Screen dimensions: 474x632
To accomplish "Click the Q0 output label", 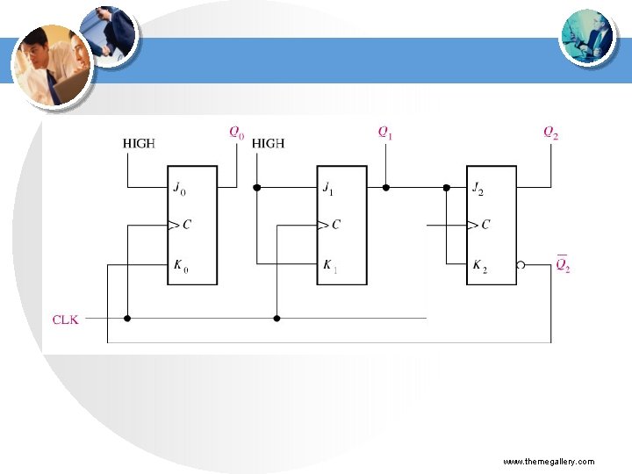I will tap(237, 133).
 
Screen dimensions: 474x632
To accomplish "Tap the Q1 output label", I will tap(385, 133).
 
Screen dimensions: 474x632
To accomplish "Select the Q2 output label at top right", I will tap(550, 133).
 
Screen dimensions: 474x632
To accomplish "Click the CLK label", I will tap(66, 320).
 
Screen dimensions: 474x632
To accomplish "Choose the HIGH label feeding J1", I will tap(268, 143).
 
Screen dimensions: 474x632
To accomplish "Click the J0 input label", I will tap(180, 188).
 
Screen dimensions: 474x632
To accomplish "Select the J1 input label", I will tap(329, 188).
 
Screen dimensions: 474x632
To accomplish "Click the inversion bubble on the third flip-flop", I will tap(521, 263).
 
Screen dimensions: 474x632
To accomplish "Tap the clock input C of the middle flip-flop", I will tap(334, 225).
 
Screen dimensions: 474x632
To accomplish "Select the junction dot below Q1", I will tap(385, 187).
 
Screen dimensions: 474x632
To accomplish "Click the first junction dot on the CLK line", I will tap(127, 319).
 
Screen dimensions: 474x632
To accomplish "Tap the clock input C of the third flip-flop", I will tap(484, 225).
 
